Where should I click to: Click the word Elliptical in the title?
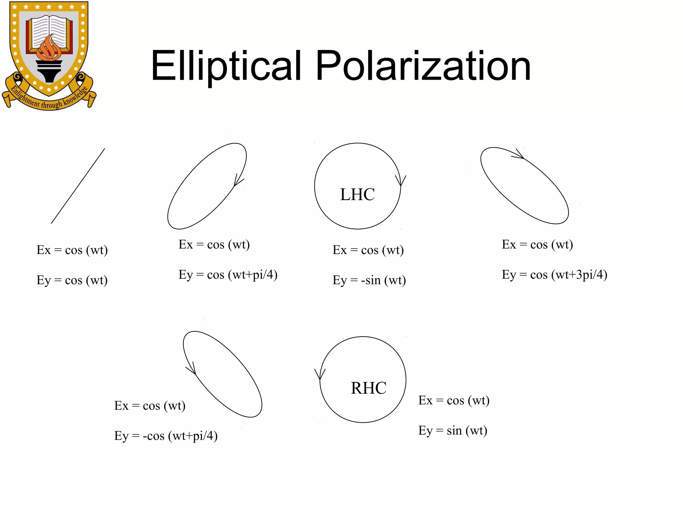226,66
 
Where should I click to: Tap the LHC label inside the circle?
357,194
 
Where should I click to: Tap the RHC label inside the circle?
369,388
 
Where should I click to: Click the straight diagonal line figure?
78,186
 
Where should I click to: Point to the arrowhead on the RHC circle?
320,374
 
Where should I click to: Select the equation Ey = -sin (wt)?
369,280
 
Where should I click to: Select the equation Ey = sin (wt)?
453,431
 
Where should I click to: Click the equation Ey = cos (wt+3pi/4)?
554,275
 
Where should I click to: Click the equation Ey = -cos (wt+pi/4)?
166,436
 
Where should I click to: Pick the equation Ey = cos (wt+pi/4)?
228,275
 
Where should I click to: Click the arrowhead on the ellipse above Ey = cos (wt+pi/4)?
237,181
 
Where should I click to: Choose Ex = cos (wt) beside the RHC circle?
454,400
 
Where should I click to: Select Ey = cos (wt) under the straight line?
72,280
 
